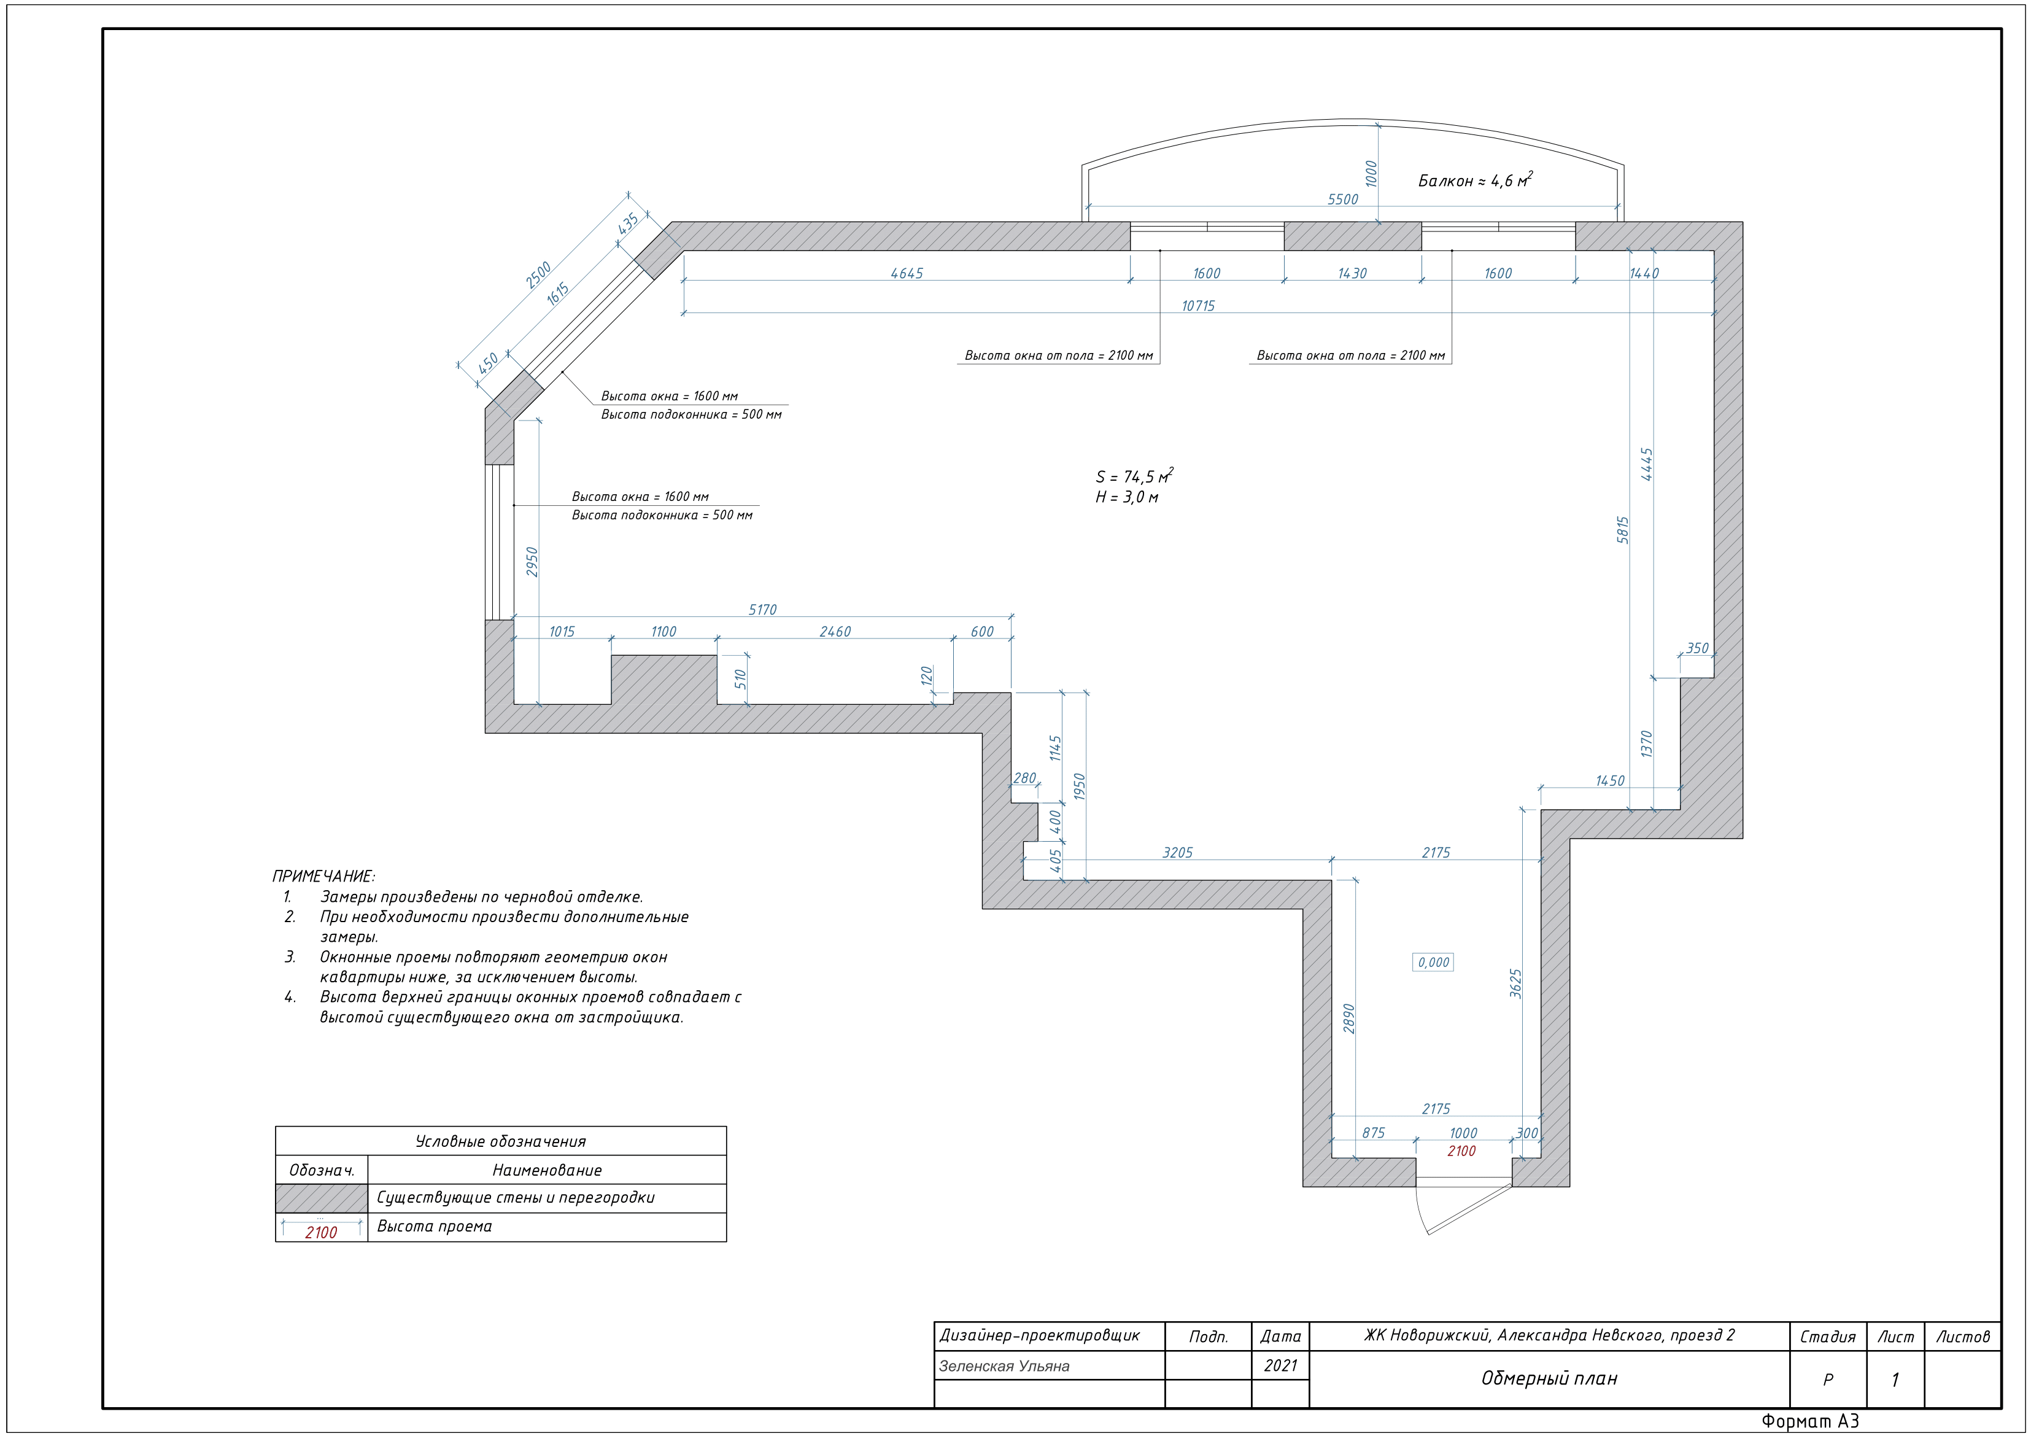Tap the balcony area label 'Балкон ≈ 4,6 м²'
pyautogui.click(x=1474, y=180)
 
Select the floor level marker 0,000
pyautogui.click(x=1433, y=963)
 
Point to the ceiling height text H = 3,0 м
pyautogui.click(x=1126, y=497)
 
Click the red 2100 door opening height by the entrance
pyautogui.click(x=1461, y=1151)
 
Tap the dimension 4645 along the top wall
pyautogui.click(x=907, y=273)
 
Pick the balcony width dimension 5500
pyautogui.click(x=1343, y=199)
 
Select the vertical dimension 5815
pyautogui.click(x=1622, y=529)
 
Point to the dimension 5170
pyautogui.click(x=762, y=610)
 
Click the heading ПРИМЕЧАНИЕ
pyautogui.click(x=323, y=877)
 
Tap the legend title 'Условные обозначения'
pyautogui.click(x=501, y=1141)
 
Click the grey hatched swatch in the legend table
pyautogui.click(x=322, y=1198)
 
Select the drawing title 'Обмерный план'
pyautogui.click(x=1549, y=1378)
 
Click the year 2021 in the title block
pyautogui.click(x=1280, y=1365)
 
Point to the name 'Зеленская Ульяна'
pyautogui.click(x=1004, y=1366)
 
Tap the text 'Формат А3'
pyautogui.click(x=1810, y=1421)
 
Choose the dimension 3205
pyautogui.click(x=1177, y=853)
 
